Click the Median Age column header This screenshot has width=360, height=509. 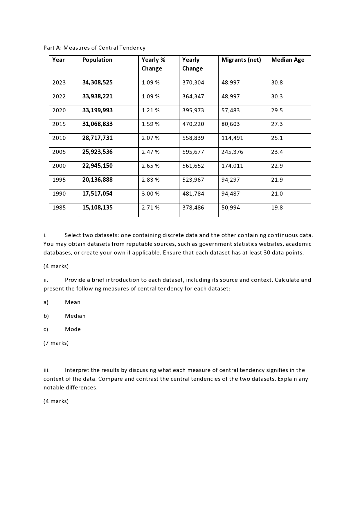288,60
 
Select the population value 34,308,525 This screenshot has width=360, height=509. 97,82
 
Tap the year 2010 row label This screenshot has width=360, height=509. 59,138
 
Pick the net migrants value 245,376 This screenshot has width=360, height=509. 232,152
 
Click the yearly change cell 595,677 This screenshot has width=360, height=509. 193,152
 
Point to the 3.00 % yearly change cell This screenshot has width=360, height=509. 150,194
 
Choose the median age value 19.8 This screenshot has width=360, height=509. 277,207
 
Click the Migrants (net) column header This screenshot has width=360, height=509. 241,60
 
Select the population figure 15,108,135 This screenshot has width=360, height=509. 97,207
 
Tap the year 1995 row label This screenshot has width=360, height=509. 59,180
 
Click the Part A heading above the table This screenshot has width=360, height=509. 94,48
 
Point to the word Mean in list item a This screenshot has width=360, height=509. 73,302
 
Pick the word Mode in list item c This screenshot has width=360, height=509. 73,329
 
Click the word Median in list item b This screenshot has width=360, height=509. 75,316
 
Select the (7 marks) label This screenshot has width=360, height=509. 56,343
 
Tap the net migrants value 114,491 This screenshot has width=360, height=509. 232,138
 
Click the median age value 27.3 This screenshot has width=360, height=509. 277,124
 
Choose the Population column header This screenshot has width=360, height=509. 97,60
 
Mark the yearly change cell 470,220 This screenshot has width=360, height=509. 193,124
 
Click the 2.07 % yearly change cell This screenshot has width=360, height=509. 150,138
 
